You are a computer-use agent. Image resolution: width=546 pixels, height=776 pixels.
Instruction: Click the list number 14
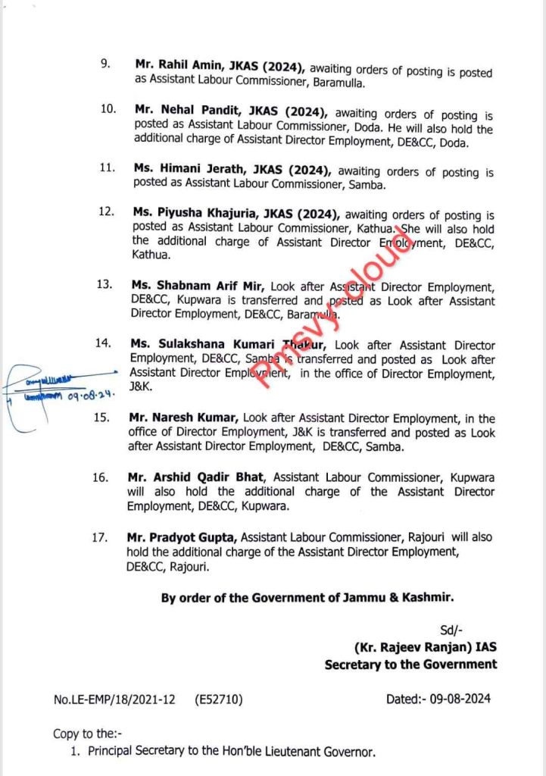tap(103, 343)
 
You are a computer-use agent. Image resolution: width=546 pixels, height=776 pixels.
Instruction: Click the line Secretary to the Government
tap(410, 664)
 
